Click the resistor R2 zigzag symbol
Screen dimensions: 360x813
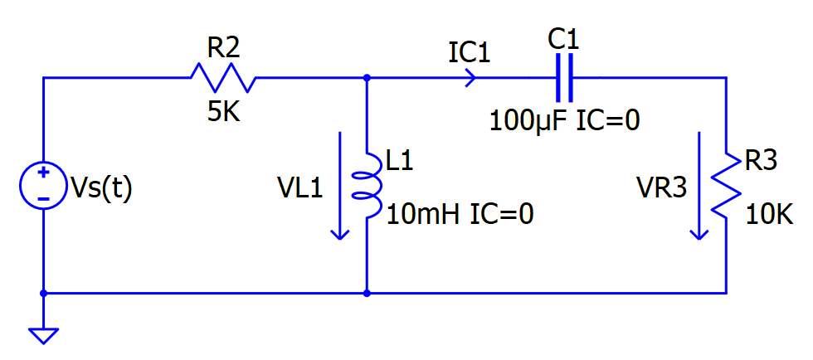point(223,78)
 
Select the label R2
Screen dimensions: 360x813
point(223,48)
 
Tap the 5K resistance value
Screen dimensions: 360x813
point(223,112)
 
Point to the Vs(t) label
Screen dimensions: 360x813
point(100,188)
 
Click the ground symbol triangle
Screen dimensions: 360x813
point(43,335)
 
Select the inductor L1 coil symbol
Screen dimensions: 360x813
point(368,185)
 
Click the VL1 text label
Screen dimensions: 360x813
point(299,188)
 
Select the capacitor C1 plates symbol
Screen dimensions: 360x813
point(565,78)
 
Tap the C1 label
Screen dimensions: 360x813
point(565,38)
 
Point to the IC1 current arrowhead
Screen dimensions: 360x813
point(470,78)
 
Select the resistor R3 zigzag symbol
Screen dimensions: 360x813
point(726,185)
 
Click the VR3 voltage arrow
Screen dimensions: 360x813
point(701,185)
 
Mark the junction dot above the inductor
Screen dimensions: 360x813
point(367,78)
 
